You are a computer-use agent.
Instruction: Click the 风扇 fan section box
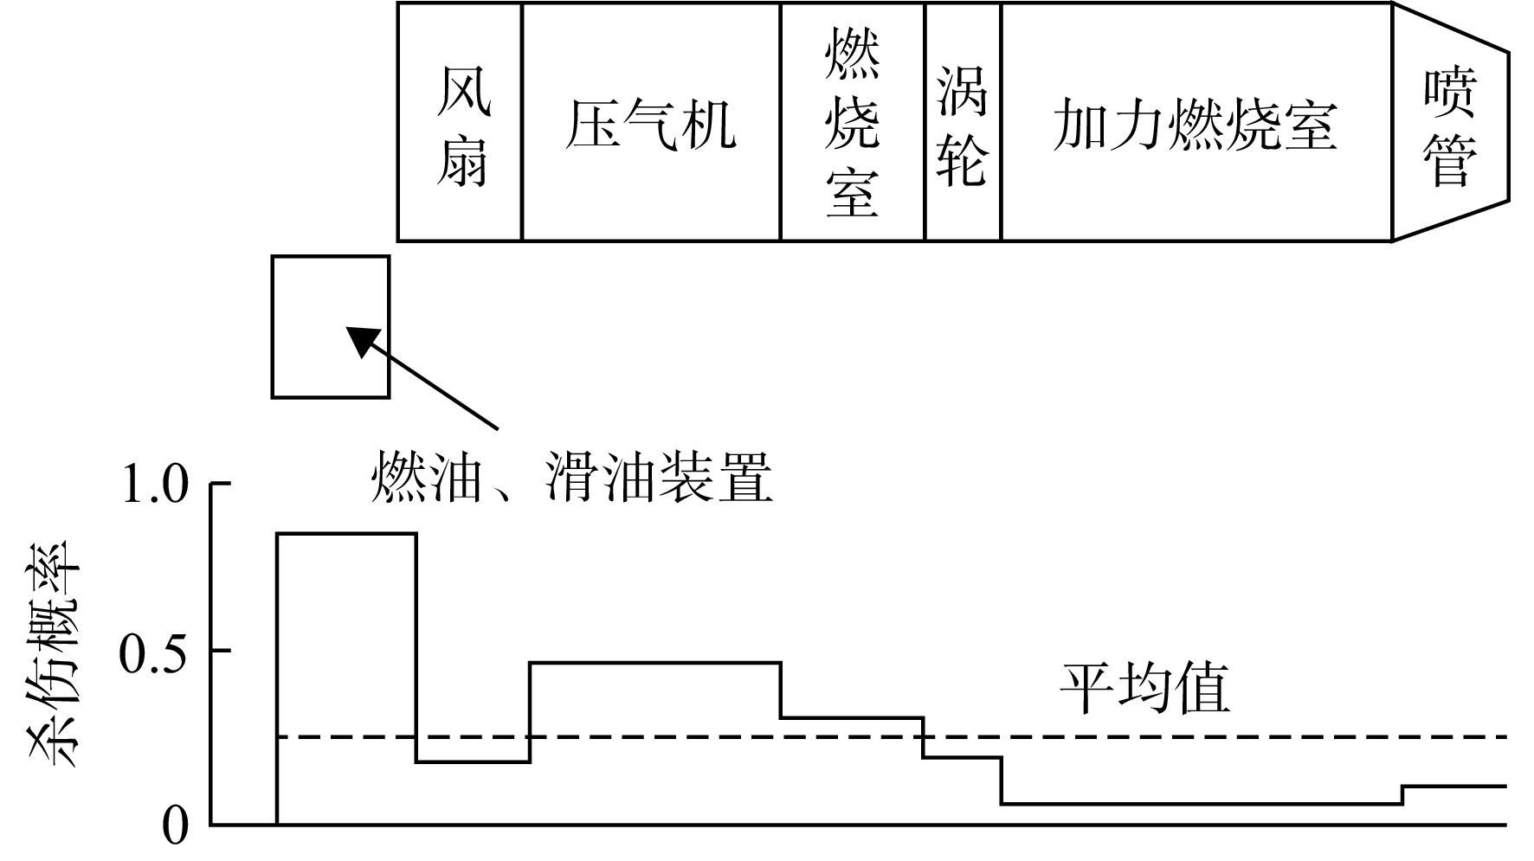pyautogui.click(x=460, y=121)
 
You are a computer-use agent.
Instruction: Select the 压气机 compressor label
pyautogui.click(x=650, y=125)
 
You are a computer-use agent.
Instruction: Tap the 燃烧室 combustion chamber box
pyautogui.click(x=853, y=121)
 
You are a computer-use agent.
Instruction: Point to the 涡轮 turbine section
pyautogui.click(x=963, y=121)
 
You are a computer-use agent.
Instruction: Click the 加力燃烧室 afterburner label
pyautogui.click(x=1196, y=125)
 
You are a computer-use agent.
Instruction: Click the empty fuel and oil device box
pyautogui.click(x=331, y=326)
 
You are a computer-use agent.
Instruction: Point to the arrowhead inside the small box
pyautogui.click(x=362, y=339)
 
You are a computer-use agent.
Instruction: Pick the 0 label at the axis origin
pyautogui.click(x=175, y=826)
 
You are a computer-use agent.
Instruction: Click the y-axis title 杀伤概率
pyautogui.click(x=55, y=654)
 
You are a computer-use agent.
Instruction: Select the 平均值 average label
pyautogui.click(x=1144, y=690)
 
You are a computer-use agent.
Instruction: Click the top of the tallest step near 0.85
pyautogui.click(x=346, y=534)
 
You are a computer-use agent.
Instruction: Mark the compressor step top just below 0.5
pyautogui.click(x=655, y=663)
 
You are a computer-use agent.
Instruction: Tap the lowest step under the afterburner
pyautogui.click(x=1202, y=805)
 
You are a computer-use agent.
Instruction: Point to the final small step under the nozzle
pyautogui.click(x=1454, y=786)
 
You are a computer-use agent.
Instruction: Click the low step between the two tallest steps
pyautogui.click(x=473, y=762)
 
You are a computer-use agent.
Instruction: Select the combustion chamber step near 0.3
pyautogui.click(x=853, y=717)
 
